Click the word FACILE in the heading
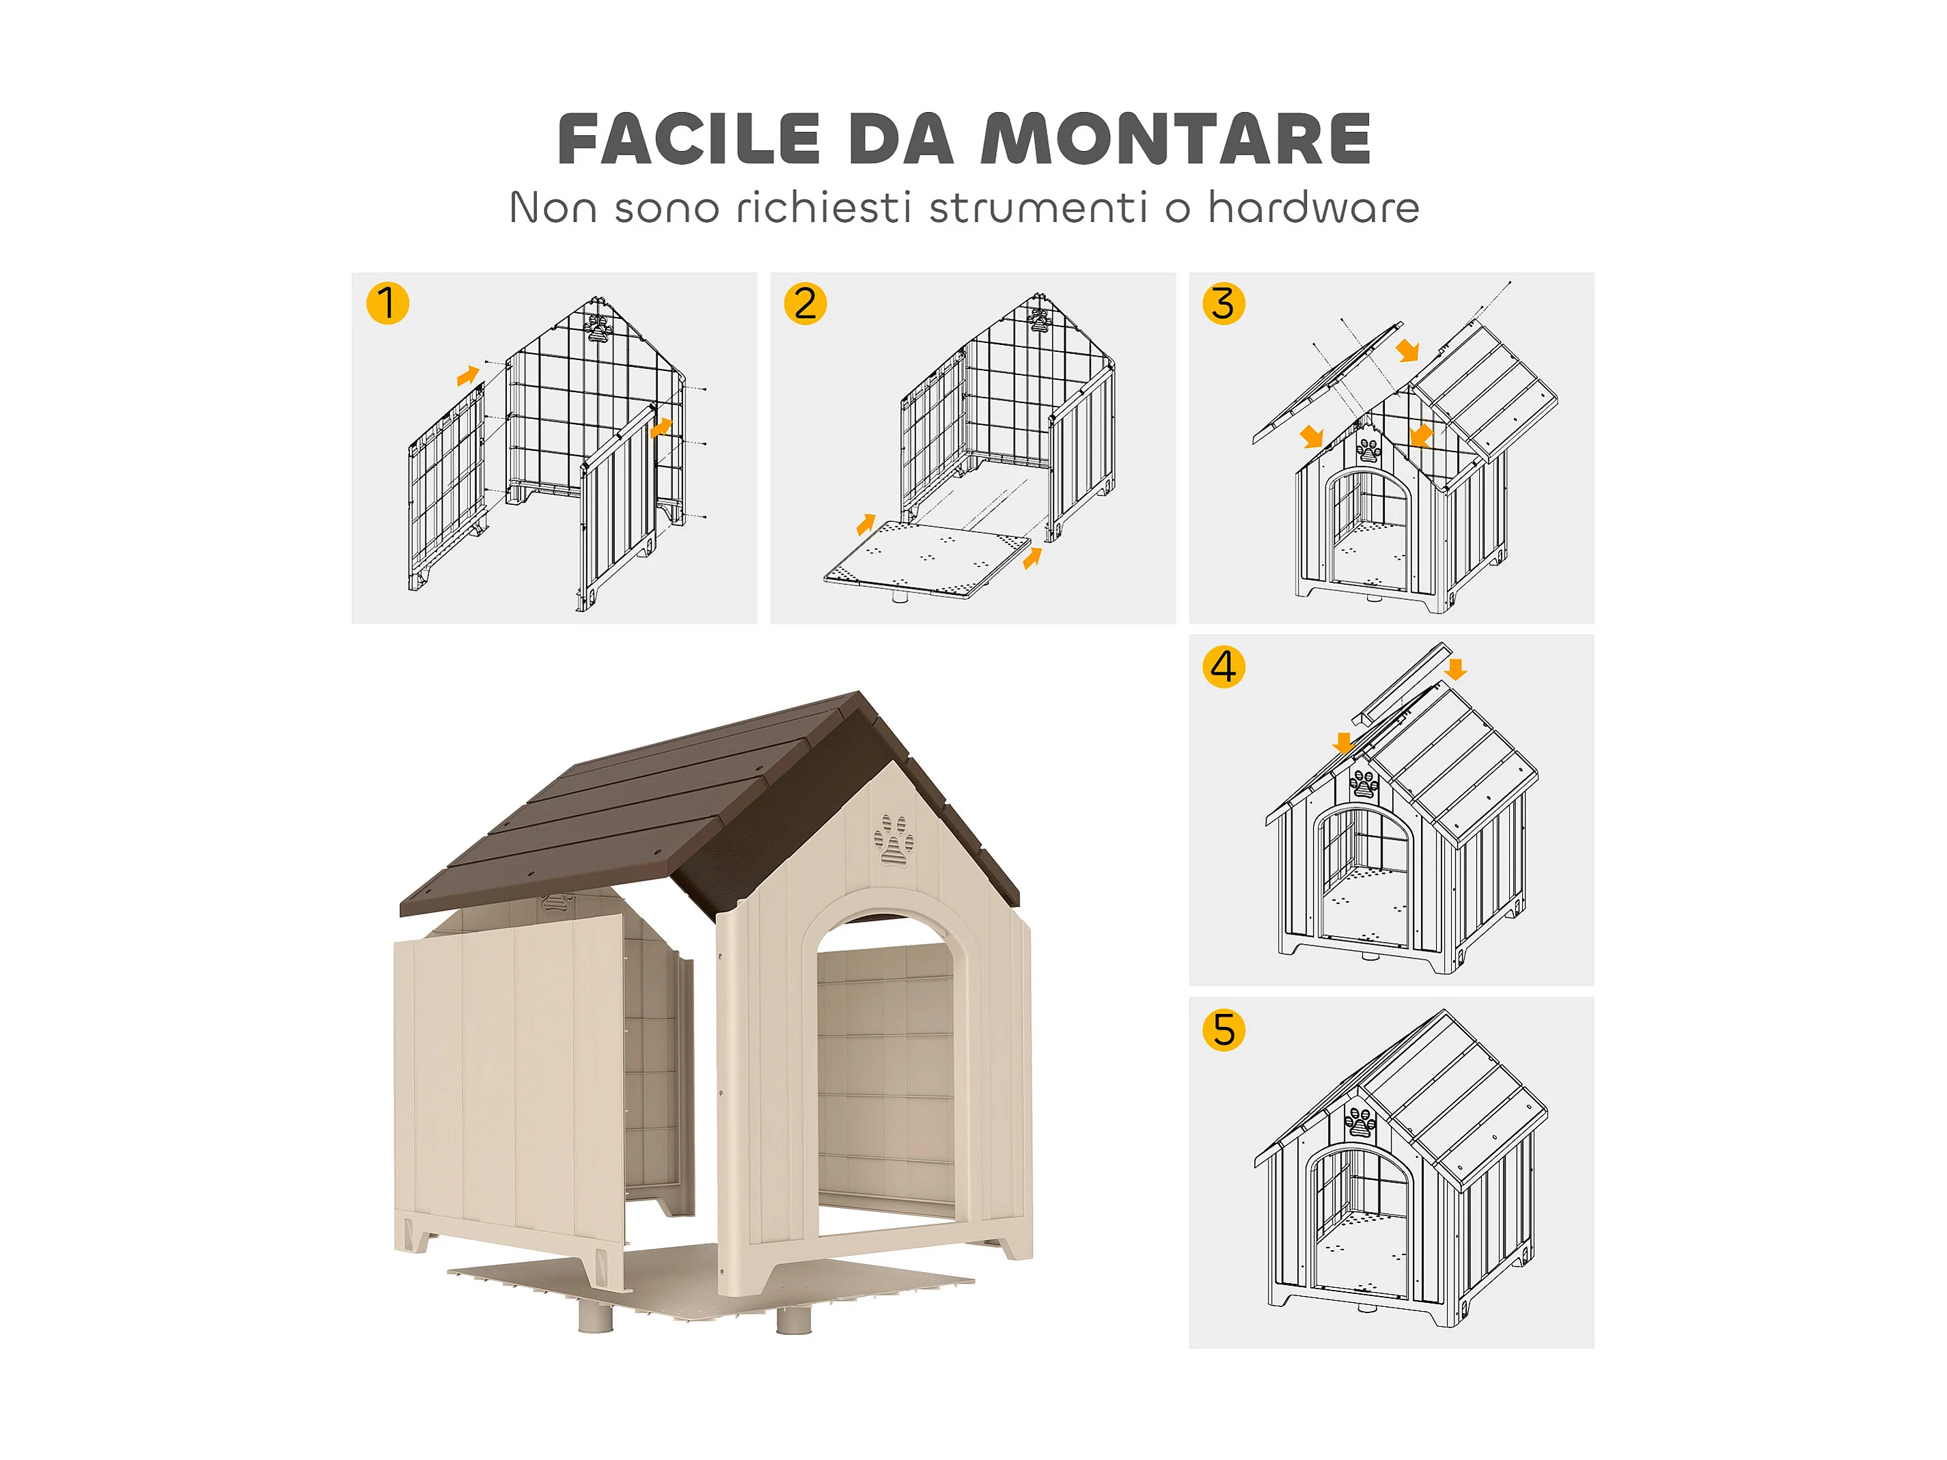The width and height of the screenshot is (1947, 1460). pyautogui.click(x=689, y=139)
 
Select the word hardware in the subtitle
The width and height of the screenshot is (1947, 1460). pyautogui.click(x=1313, y=208)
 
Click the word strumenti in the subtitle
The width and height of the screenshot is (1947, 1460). pyautogui.click(x=1038, y=208)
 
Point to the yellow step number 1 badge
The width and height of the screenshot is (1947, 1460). pyautogui.click(x=387, y=303)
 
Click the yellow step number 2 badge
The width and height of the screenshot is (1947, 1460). pyautogui.click(x=805, y=303)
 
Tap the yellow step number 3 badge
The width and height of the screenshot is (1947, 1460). pyautogui.click(x=1224, y=303)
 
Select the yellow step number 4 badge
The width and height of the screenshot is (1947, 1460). pyautogui.click(x=1224, y=666)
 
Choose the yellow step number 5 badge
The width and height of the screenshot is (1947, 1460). pyautogui.click(x=1224, y=1030)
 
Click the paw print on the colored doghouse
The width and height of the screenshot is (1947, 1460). pyautogui.click(x=894, y=840)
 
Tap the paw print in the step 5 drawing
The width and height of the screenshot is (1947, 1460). pyautogui.click(x=1361, y=1124)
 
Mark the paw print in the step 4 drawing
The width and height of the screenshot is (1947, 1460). pyautogui.click(x=1364, y=782)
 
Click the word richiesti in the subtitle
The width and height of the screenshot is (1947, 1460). pyautogui.click(x=823, y=208)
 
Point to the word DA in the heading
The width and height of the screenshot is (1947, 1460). pyautogui.click(x=900, y=139)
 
